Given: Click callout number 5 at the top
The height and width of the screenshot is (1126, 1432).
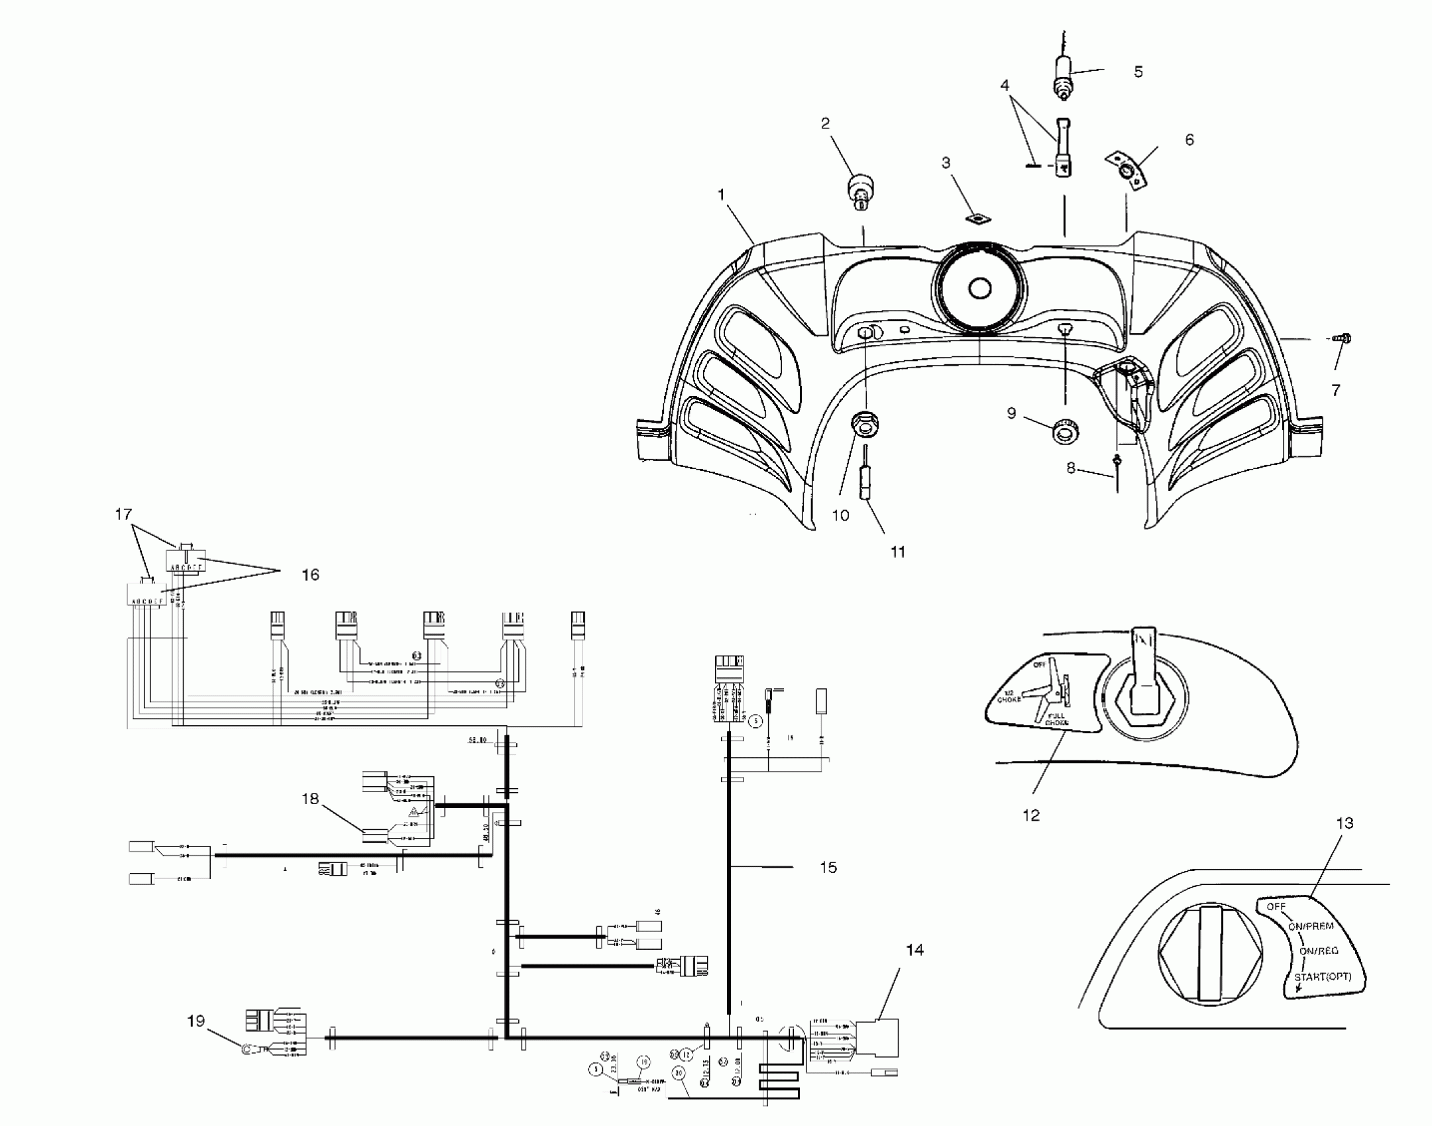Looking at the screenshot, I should click(1138, 72).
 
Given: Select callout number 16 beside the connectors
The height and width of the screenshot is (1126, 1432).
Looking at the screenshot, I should click(310, 575).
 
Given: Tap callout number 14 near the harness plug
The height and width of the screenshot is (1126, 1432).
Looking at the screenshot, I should click(914, 950).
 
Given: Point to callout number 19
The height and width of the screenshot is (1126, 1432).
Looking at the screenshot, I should click(195, 1021).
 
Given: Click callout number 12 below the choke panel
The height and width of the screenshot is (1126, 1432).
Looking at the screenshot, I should click(1031, 815).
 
